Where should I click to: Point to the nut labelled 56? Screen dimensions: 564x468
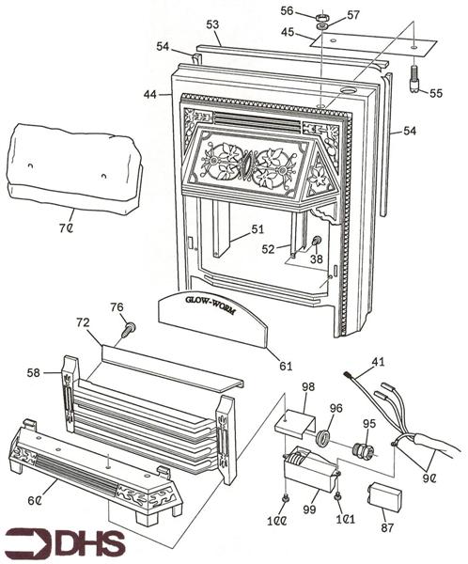320,15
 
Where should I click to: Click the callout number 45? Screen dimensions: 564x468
289,33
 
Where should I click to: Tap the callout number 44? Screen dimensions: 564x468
149,94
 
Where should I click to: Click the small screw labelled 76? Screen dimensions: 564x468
130,328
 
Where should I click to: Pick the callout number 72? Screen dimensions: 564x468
83,323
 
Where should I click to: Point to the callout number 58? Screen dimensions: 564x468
35,373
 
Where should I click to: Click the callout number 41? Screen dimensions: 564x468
377,361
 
